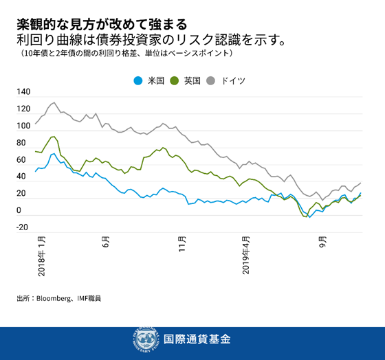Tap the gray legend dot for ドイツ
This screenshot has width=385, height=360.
point(210,80)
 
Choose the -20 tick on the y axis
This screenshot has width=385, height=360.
point(22,228)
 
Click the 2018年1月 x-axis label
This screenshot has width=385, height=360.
point(42,256)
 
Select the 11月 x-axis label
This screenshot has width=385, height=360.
point(182,245)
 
